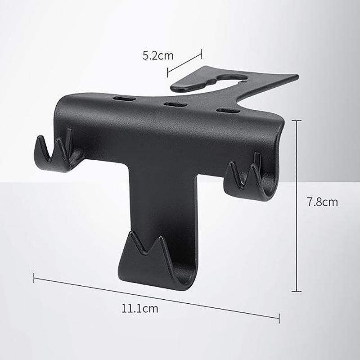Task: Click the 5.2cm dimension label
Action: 158,56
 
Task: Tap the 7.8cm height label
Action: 322,202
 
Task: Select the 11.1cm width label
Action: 139,309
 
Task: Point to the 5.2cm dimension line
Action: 184,63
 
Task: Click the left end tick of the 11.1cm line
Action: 34,278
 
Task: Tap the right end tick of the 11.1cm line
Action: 279,318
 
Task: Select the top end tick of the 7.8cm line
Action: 297,121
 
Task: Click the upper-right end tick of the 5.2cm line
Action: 202,54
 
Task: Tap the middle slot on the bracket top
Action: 175,104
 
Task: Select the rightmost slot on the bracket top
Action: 228,110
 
